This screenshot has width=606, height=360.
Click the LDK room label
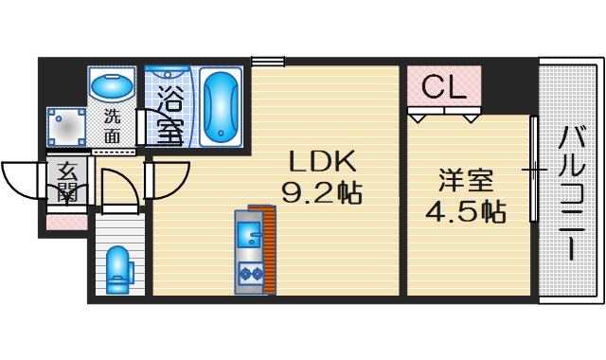(x=321, y=160)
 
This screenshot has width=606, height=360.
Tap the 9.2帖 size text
(x=321, y=194)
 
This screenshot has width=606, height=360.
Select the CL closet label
(x=443, y=87)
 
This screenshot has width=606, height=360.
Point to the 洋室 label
(x=464, y=177)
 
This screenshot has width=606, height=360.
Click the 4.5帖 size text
(x=464, y=210)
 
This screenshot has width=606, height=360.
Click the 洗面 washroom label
(x=113, y=127)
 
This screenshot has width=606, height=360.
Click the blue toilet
(x=118, y=268)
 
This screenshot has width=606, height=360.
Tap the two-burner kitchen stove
(x=250, y=275)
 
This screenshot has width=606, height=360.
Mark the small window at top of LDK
(x=269, y=63)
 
